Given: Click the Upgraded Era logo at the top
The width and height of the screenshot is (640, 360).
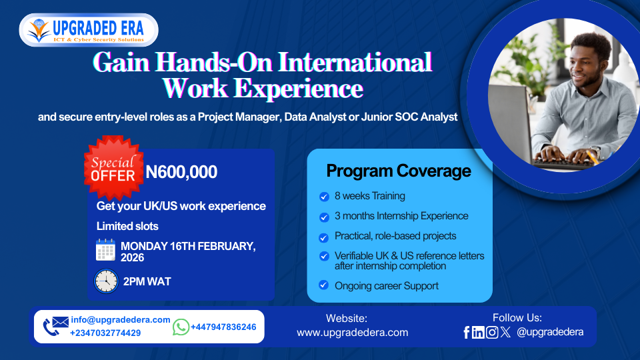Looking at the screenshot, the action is (x=89, y=30).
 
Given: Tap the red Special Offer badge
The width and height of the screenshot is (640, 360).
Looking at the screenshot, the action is (x=113, y=168).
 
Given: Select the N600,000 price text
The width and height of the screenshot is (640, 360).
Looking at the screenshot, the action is (x=181, y=172).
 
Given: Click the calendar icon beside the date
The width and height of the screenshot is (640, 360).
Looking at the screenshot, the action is (x=105, y=250).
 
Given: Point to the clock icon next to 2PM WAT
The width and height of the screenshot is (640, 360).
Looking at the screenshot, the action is (x=106, y=281).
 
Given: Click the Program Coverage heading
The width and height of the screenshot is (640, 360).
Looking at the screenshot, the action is (x=399, y=171).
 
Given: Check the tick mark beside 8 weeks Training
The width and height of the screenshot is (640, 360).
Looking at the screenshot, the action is (x=324, y=197).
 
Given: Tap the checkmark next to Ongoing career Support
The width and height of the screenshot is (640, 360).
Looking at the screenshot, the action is (x=324, y=285).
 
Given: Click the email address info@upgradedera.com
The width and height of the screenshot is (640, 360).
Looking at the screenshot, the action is (x=121, y=319).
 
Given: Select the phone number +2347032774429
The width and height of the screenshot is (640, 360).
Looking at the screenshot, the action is (x=105, y=333).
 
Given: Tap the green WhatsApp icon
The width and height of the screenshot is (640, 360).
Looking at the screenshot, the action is (x=181, y=327).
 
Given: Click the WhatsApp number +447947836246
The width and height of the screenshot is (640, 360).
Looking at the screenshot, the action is (x=223, y=327).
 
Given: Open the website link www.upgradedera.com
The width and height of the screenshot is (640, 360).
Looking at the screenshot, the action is (x=352, y=333).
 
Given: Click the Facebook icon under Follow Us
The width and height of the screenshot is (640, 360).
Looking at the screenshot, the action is (x=467, y=332).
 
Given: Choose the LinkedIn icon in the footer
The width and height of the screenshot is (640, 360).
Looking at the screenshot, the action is (x=478, y=332).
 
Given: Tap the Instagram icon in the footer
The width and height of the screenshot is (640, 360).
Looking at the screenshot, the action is (x=492, y=332).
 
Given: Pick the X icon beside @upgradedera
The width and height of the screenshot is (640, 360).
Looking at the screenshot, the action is (x=505, y=332).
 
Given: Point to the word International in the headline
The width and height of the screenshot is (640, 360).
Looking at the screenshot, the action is (x=355, y=63).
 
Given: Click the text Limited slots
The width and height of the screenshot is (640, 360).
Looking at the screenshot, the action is (x=127, y=226).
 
